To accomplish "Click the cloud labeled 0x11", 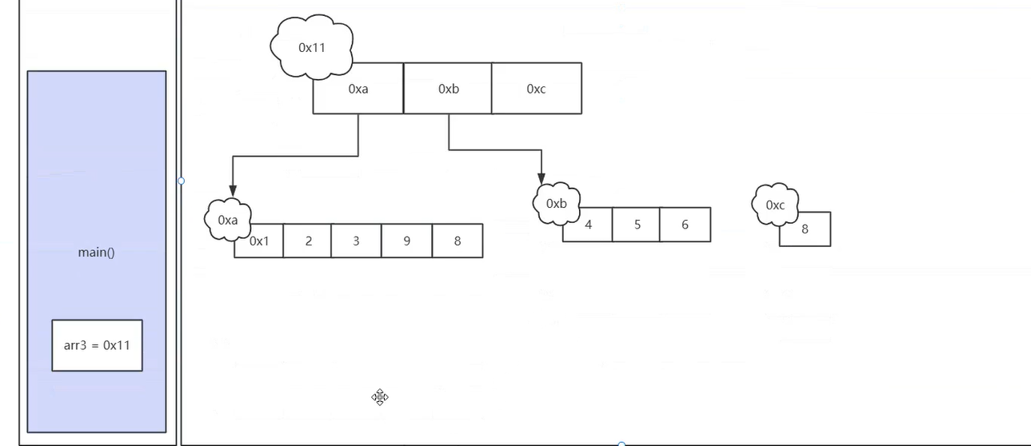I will [311, 46].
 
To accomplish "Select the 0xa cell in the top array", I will [358, 89].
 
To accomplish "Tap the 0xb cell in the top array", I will [448, 89].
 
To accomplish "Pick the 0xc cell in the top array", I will [536, 89].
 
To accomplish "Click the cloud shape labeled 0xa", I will [228, 219].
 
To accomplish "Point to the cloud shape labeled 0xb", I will [556, 203].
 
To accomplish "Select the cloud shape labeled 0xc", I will [775, 205].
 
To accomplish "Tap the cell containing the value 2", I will [308, 241].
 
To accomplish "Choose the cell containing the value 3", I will [356, 241].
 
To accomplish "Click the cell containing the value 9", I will [406, 241].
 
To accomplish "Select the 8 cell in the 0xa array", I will [457, 241].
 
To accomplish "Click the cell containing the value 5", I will [637, 225].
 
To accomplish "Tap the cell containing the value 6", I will [685, 225].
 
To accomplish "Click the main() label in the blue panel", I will [96, 253].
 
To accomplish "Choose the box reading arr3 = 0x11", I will [97, 345].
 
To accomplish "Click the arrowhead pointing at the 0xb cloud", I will [541, 177].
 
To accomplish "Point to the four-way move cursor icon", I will [380, 397].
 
